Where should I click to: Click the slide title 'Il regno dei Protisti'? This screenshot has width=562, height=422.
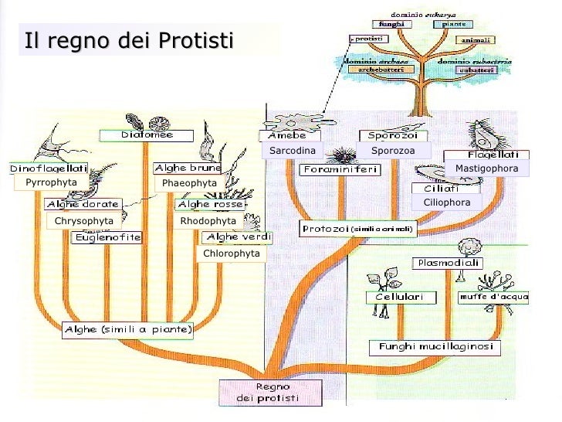pyautogui.click(x=127, y=40)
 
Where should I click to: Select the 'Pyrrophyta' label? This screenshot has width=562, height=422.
pyautogui.click(x=51, y=182)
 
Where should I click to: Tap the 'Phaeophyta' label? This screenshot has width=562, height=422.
pyautogui.click(x=189, y=183)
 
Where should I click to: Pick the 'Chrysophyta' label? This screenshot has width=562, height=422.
pyautogui.click(x=84, y=221)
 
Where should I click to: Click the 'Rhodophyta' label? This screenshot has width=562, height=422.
pyautogui.click(x=208, y=221)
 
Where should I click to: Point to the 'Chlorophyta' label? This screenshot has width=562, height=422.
pyautogui.click(x=231, y=254)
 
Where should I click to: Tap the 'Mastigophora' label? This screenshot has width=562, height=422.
pyautogui.click(x=486, y=168)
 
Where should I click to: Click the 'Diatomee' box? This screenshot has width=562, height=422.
pyautogui.click(x=146, y=135)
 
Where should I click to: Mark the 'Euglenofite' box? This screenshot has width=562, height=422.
pyautogui.click(x=107, y=238)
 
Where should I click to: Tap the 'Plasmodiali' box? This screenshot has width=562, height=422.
pyautogui.click(x=449, y=263)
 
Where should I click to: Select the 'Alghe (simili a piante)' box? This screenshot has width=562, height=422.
pyautogui.click(x=128, y=330)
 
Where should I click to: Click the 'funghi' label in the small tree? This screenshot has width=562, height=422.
pyautogui.click(x=391, y=24)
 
